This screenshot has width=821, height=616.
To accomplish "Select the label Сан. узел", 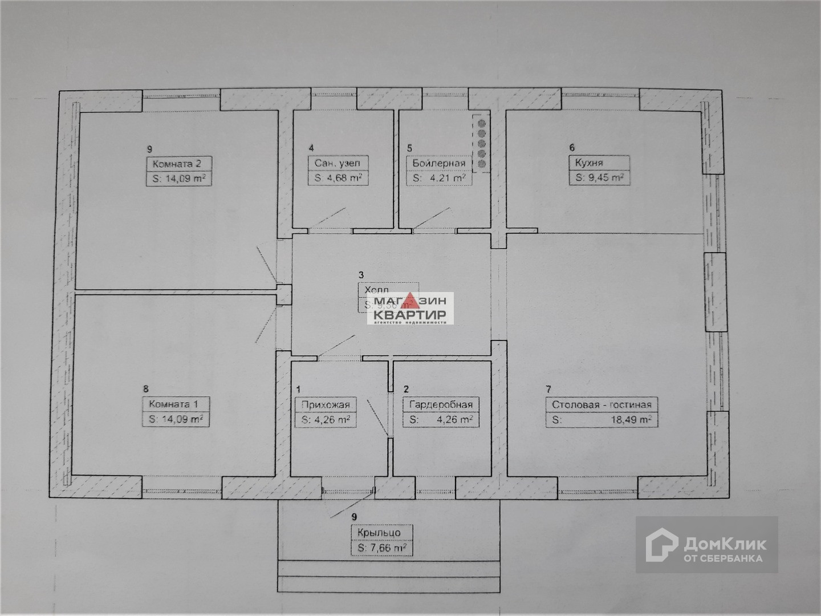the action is [x=338, y=163].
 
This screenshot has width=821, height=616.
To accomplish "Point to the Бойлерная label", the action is [x=439, y=163].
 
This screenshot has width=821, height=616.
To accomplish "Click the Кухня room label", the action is [x=589, y=163].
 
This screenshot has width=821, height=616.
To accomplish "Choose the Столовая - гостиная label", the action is [x=601, y=405].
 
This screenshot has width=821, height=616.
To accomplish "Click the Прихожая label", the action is [x=326, y=405].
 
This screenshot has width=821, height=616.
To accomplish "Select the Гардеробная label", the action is [x=441, y=405].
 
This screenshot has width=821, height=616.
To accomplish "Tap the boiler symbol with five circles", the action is [x=481, y=143].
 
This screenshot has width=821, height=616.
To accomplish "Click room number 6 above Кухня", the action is [x=572, y=148].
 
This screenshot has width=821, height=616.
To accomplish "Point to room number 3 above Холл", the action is [x=361, y=274].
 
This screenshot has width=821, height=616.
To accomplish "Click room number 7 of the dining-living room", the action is [x=548, y=390].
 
